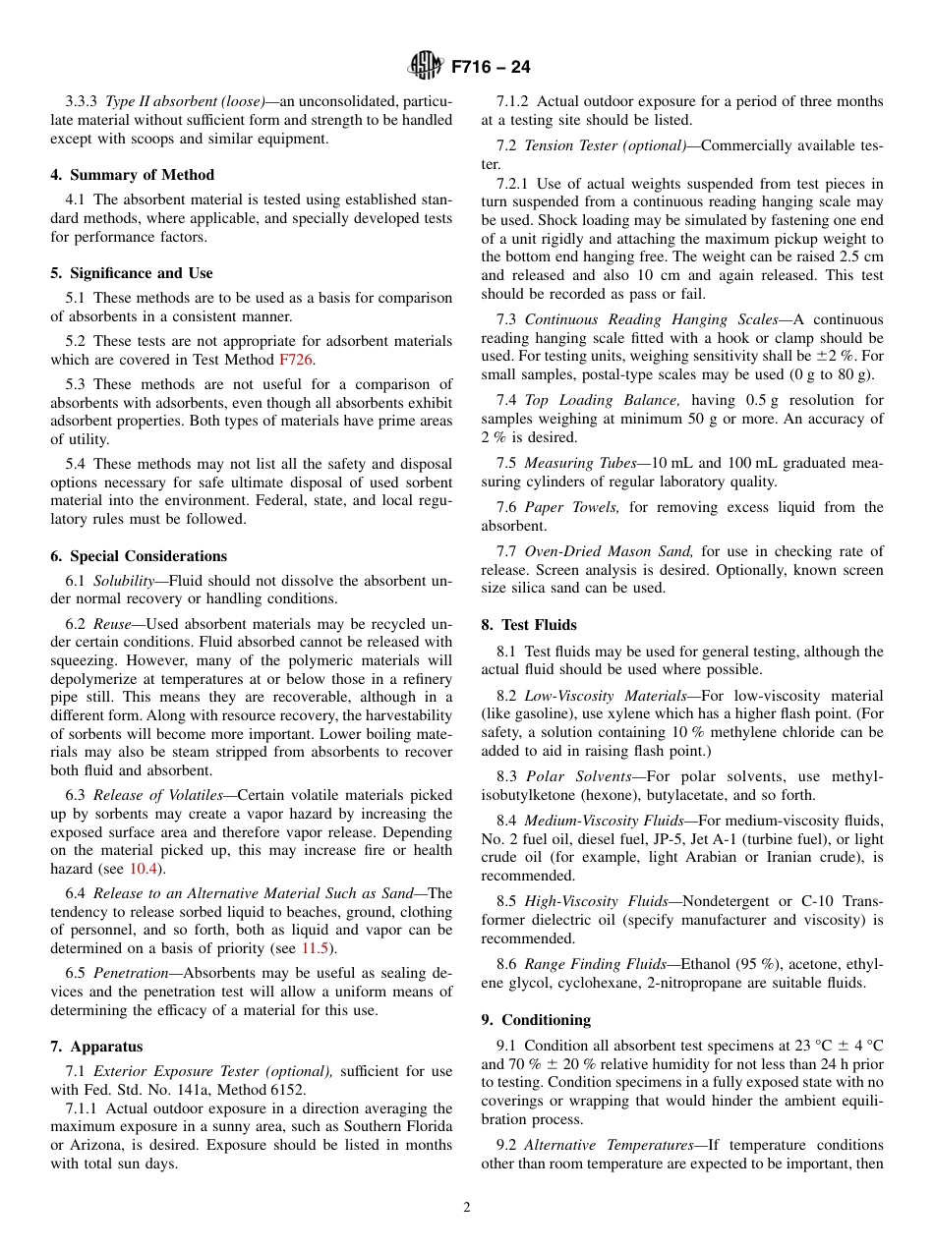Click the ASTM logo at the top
(x=426, y=67)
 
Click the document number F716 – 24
(x=491, y=67)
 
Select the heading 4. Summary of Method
(x=132, y=175)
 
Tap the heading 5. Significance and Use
(x=131, y=273)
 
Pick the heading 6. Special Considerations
(x=138, y=556)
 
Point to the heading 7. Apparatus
(x=96, y=1047)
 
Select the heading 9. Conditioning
(x=536, y=1020)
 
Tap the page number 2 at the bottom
(x=467, y=1208)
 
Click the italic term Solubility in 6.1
(x=124, y=581)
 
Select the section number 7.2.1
(x=513, y=184)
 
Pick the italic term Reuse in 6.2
(x=112, y=624)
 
